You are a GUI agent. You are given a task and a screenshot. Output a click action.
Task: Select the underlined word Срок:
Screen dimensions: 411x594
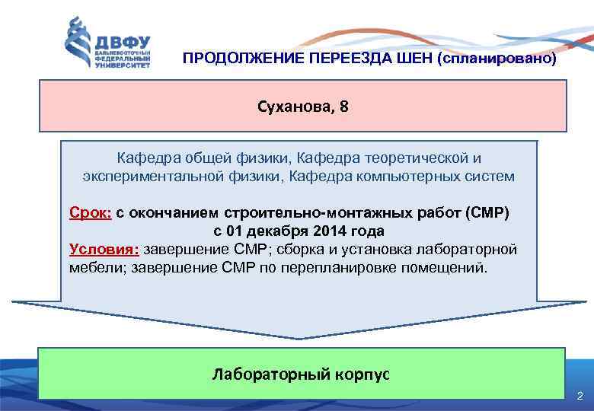click(91, 213)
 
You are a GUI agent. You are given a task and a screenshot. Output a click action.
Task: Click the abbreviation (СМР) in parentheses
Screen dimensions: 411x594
click(487, 213)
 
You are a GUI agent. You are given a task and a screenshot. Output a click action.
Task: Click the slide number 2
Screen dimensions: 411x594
click(580, 397)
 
